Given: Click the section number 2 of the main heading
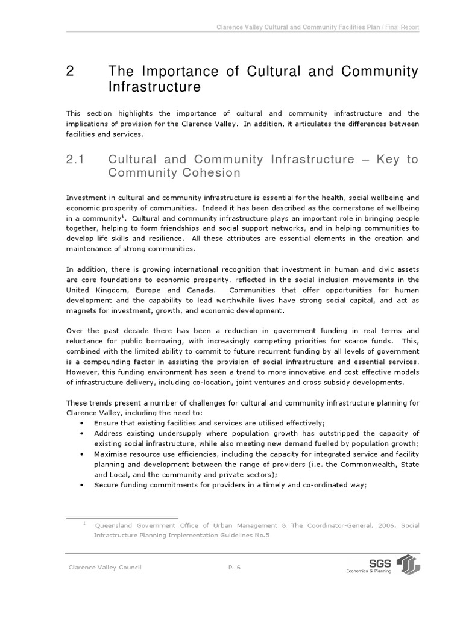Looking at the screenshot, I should [x=70, y=72].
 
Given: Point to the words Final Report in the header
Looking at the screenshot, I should [x=400, y=28].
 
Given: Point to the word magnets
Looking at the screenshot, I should [x=81, y=311].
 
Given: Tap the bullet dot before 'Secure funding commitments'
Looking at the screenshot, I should [x=82, y=486].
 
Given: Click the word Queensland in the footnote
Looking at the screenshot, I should [x=115, y=525].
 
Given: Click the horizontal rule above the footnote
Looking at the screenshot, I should [x=122, y=518].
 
